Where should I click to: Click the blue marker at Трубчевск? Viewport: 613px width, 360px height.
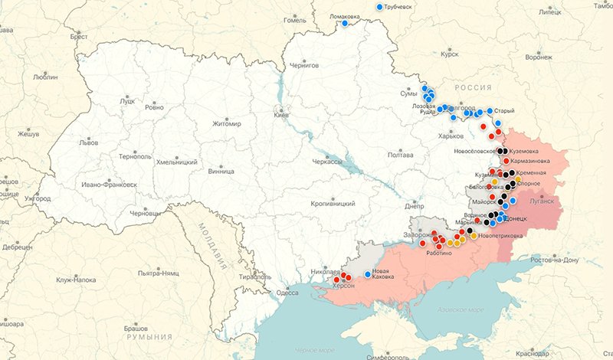tap(380, 7)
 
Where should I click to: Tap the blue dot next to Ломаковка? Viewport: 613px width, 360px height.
tap(345, 23)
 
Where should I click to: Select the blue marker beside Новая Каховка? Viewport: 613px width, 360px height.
tap(367, 274)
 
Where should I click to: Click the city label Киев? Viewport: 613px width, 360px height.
tap(281, 115)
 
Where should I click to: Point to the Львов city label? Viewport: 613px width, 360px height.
tap(89, 142)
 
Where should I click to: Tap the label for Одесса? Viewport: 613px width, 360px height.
tap(287, 292)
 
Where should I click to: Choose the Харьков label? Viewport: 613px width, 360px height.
tap(451, 136)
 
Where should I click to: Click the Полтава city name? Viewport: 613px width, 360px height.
tap(401, 155)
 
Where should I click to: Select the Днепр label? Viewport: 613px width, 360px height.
tap(415, 206)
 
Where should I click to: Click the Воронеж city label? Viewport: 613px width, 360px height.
tap(538, 57)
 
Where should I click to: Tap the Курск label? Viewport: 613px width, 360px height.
tap(450, 54)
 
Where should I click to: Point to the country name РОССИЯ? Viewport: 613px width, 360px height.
tap(473, 89)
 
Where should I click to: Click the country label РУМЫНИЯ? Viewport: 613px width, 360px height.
tap(149, 337)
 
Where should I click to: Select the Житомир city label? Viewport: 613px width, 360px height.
tap(226, 124)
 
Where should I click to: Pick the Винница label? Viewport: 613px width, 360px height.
tap(221, 172)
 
